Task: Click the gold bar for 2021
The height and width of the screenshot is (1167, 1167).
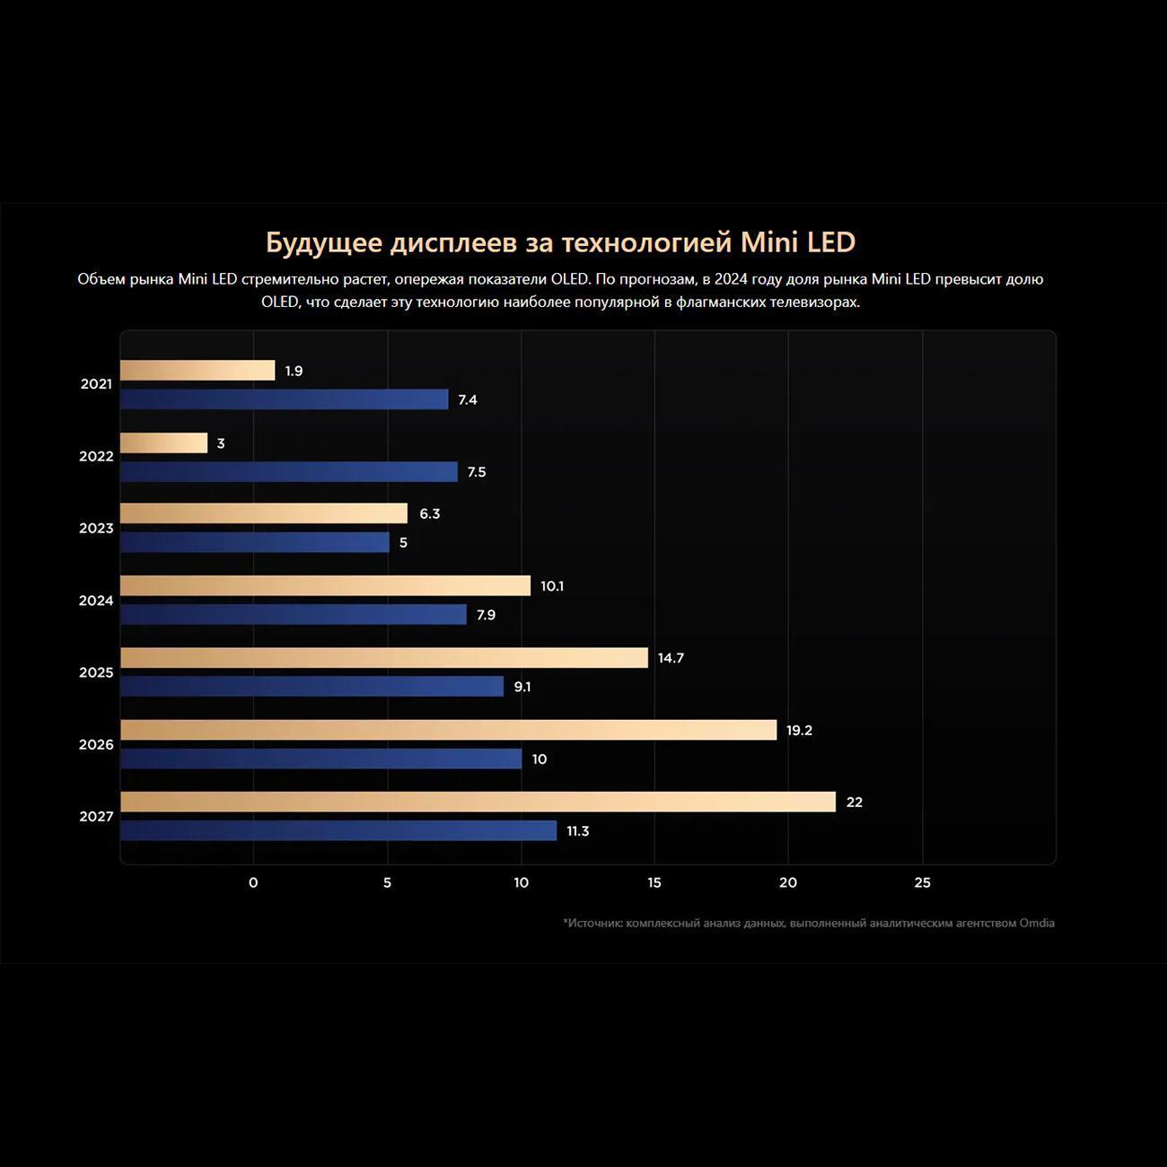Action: click(x=197, y=371)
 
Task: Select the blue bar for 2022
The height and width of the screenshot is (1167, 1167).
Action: click(x=289, y=472)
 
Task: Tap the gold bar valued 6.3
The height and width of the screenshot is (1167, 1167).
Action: click(x=264, y=513)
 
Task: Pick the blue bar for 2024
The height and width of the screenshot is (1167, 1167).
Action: click(x=294, y=615)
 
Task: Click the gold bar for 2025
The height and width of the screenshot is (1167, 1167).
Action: click(x=384, y=658)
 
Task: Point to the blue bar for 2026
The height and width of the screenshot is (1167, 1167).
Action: click(x=321, y=759)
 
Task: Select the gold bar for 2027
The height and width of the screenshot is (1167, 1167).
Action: click(x=478, y=802)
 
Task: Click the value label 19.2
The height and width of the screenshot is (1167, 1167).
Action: click(x=799, y=731)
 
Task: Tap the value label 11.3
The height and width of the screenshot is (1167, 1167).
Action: click(x=577, y=831)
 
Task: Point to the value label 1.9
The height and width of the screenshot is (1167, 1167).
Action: click(x=294, y=371)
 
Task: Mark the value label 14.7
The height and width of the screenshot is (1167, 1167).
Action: click(x=671, y=658)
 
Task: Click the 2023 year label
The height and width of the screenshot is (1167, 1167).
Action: click(x=96, y=529)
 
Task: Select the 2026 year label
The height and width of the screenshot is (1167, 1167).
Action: click(x=96, y=744)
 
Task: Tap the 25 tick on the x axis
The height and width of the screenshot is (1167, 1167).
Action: click(x=922, y=882)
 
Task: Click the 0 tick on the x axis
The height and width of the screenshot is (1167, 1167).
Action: click(x=253, y=882)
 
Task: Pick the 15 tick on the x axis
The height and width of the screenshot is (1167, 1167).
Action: click(x=654, y=882)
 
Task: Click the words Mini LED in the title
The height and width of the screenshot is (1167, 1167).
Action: click(x=797, y=242)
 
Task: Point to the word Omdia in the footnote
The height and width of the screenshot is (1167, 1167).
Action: click(x=1037, y=923)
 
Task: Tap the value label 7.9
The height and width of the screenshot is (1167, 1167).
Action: click(x=486, y=615)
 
